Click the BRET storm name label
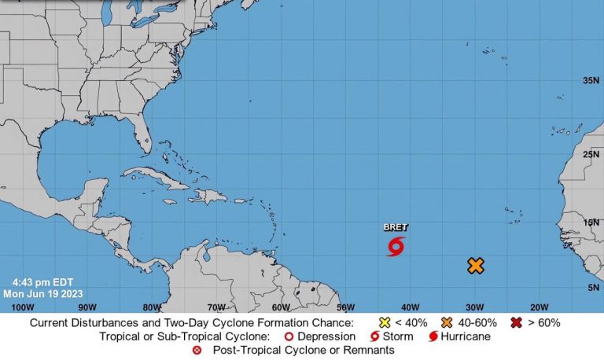396,227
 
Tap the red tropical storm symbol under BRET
396,247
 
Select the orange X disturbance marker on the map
475,266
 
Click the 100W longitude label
23,307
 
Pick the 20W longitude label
539,307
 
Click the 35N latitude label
591,81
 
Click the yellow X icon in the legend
385,322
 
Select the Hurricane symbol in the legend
433,336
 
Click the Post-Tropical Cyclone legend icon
197,350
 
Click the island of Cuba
161,179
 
